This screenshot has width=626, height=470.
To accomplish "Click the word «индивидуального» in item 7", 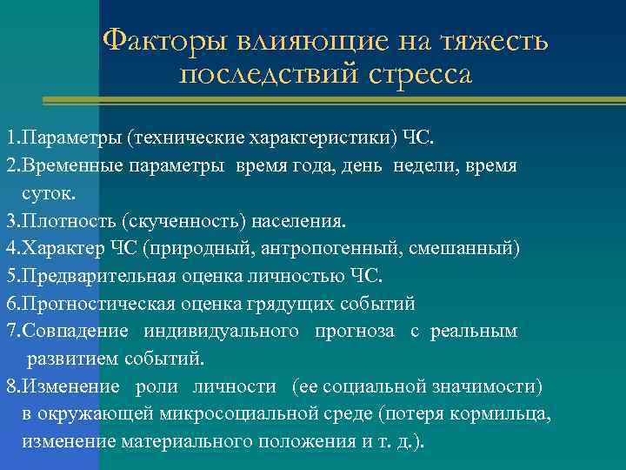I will (217, 332).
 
